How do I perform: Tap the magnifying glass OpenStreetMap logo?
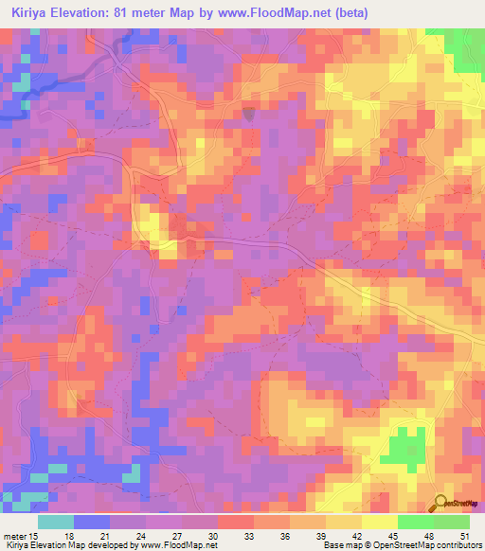click(x=440, y=504)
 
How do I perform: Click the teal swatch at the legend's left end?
click(x=55, y=522)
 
